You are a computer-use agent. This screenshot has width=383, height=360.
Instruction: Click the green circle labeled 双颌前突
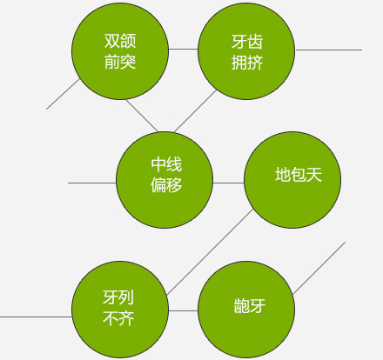[120, 51]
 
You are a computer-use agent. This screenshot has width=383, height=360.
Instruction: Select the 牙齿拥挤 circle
[246, 51]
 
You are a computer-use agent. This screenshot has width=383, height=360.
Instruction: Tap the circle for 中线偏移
[165, 180]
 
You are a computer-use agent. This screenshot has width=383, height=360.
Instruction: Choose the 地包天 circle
[292, 180]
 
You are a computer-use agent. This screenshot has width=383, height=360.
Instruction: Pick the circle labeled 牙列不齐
[120, 310]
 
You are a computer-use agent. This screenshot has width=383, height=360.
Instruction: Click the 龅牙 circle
[246, 310]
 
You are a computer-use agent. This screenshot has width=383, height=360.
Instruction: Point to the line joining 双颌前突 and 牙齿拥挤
[183, 49]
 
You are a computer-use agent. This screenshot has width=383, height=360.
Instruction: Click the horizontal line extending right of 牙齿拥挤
[328, 50]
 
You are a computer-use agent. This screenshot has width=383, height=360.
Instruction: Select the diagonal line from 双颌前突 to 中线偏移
[142, 116]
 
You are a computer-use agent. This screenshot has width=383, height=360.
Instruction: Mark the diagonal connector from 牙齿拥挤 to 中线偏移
[195, 111]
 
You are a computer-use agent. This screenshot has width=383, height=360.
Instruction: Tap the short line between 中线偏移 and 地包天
[229, 183]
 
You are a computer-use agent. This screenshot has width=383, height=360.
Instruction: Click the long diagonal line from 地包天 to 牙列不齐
[210, 252]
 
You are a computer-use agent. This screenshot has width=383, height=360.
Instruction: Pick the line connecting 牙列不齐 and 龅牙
[183, 310]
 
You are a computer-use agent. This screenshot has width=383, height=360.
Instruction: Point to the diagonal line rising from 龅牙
[319, 268]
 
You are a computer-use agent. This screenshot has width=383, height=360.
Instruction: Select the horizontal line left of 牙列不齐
[36, 317]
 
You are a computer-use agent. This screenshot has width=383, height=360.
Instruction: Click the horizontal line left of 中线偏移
[92, 183]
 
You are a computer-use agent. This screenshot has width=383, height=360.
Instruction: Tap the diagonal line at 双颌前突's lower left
[63, 94]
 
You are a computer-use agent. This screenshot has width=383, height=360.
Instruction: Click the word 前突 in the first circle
[120, 62]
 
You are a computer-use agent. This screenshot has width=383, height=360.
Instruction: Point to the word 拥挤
[247, 63]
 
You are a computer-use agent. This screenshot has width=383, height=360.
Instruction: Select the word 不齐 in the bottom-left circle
[118, 318]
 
